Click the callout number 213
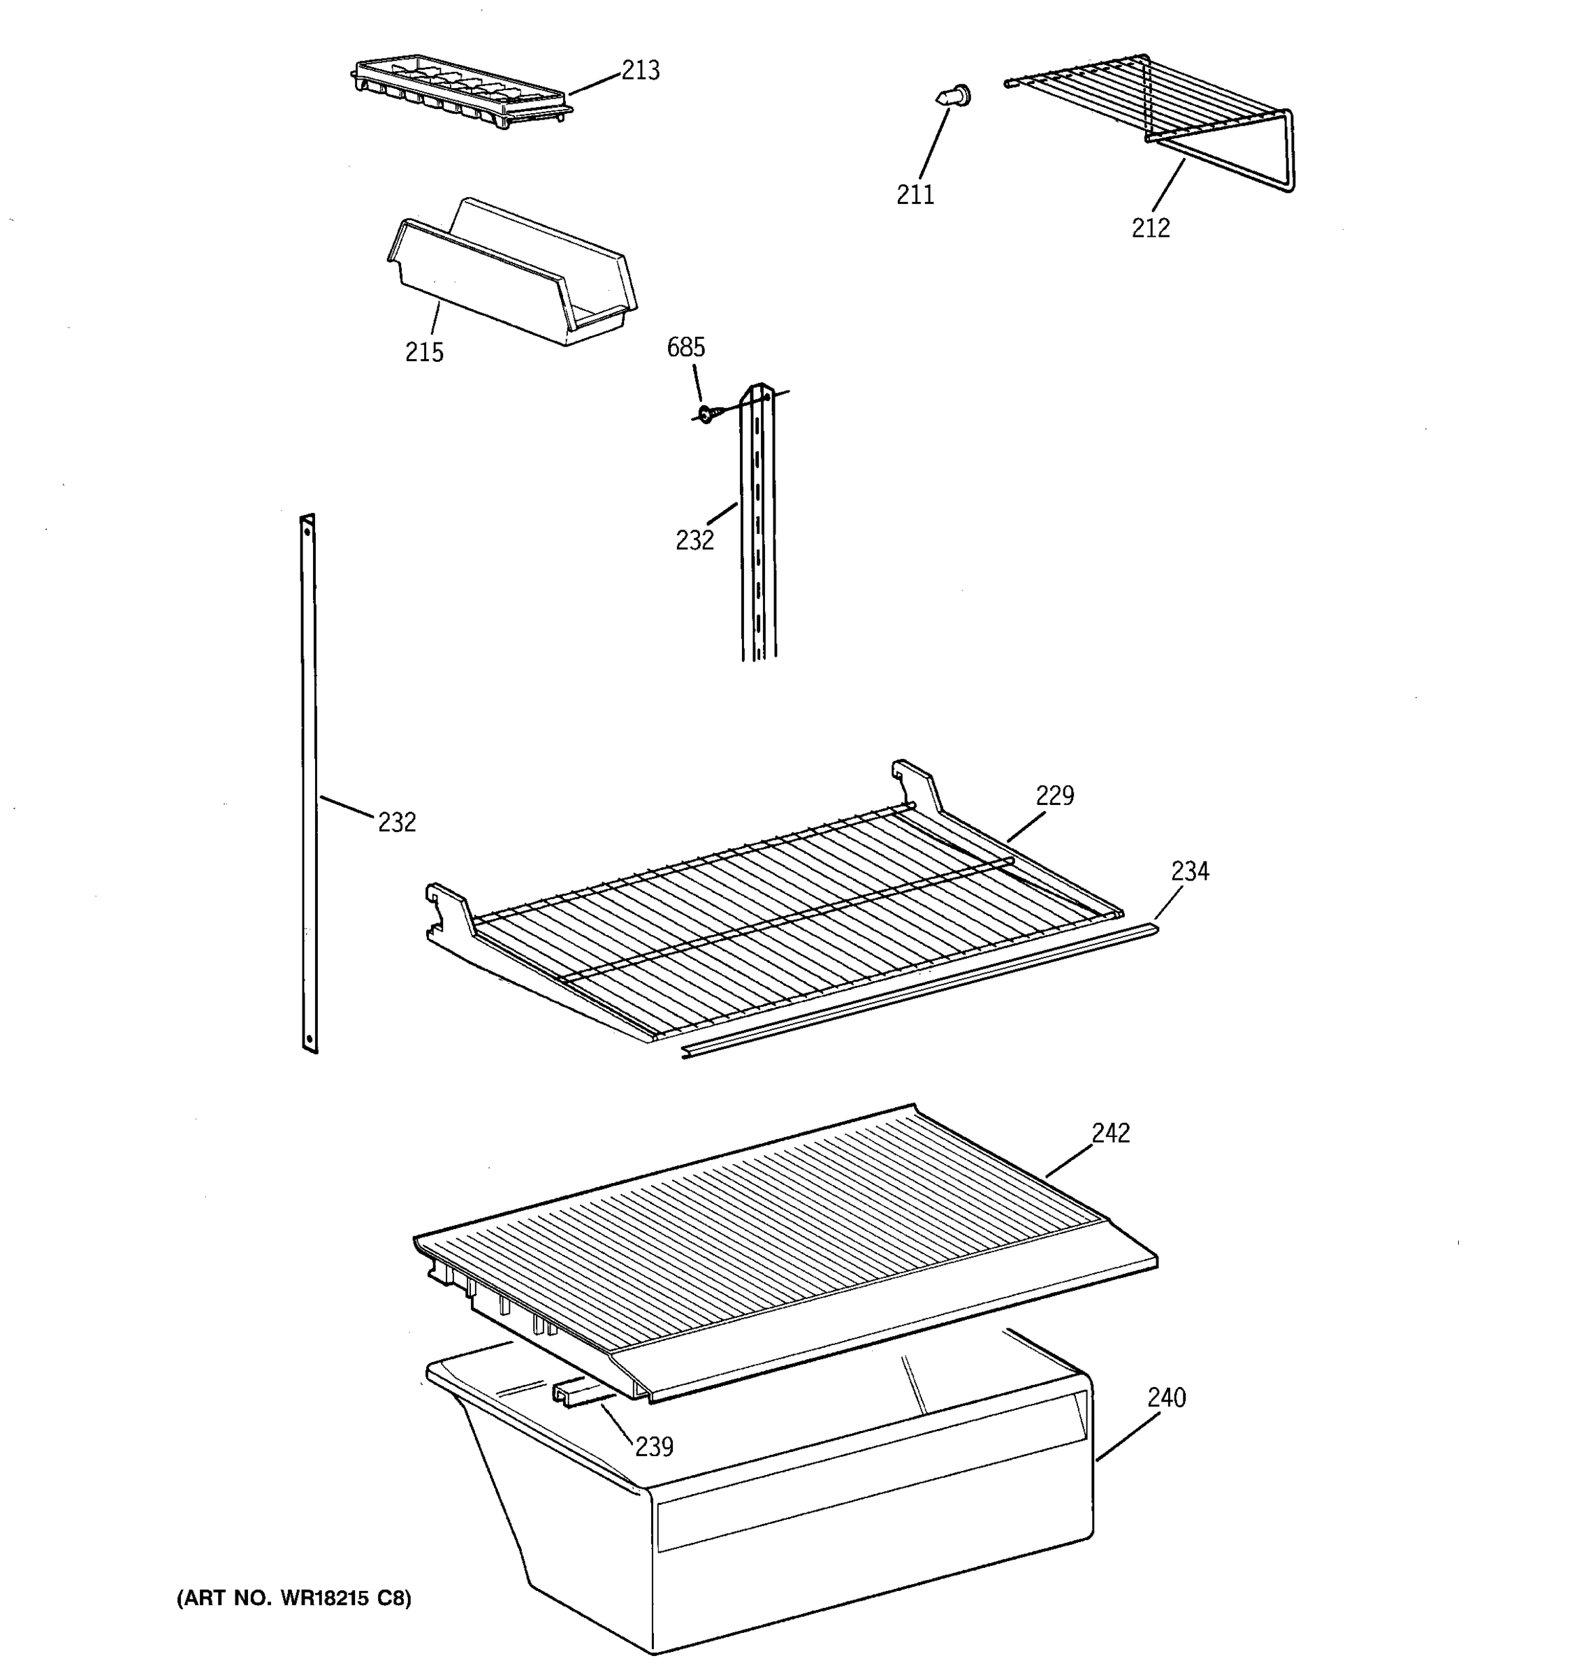pos(640,70)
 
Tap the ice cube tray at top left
pos(460,93)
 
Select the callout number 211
pos(915,195)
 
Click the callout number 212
pos(1150,228)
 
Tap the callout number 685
pos(685,347)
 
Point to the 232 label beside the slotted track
pos(694,541)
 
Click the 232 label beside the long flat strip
pos(396,822)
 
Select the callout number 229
pos(1054,795)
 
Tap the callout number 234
pos(1189,871)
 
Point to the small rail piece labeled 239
pos(571,1393)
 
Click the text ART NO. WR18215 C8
pos(294,1599)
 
